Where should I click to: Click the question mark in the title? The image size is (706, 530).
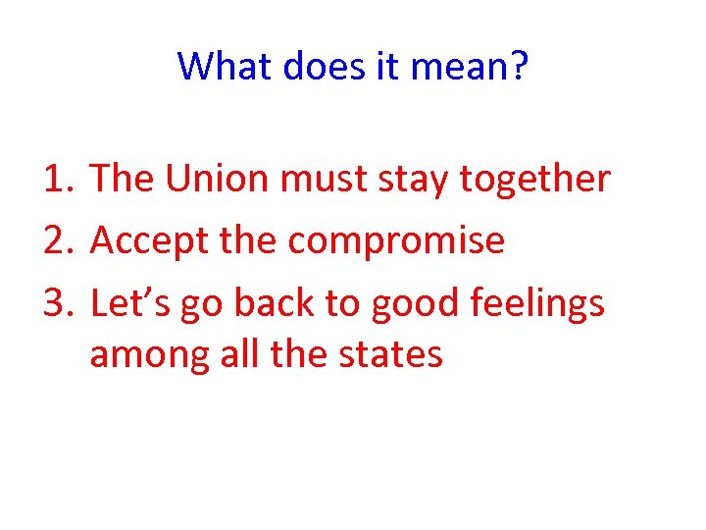pos(517,67)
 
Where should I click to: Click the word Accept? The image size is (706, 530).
pos(148,241)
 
